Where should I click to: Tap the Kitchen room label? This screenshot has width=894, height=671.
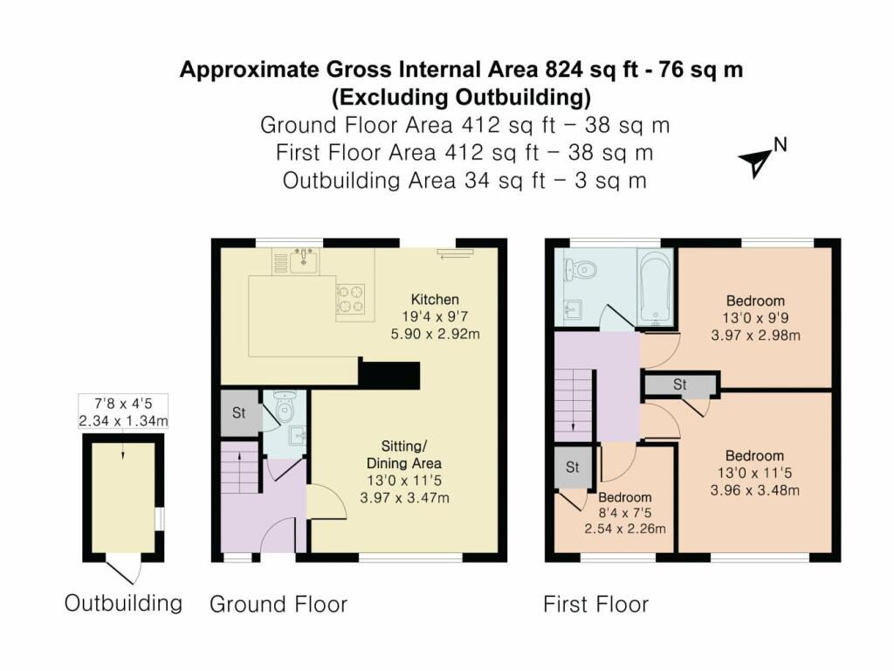tap(435, 300)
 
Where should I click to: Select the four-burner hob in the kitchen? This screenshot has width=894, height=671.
tap(351, 299)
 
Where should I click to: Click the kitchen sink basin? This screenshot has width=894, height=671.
tap(304, 260)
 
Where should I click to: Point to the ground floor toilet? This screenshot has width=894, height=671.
tap(284, 405)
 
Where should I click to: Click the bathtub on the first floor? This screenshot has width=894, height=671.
tap(656, 288)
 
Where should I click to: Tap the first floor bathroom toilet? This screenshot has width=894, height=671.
tap(580, 269)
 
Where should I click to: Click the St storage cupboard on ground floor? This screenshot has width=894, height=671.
tap(239, 412)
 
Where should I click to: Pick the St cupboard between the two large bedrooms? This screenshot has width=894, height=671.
tap(680, 384)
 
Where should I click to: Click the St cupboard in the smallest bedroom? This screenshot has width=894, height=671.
tap(573, 468)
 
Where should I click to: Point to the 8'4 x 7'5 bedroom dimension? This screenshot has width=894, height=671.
tap(625, 513)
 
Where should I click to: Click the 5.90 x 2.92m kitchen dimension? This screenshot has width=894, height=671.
tap(435, 334)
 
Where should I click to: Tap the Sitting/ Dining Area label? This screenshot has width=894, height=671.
tap(403, 454)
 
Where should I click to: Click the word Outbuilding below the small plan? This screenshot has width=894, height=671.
tap(123, 603)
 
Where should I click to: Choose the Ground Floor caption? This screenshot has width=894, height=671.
tap(279, 605)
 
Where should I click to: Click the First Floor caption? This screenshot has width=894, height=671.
tap(595, 605)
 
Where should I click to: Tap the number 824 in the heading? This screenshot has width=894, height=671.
tap(565, 70)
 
